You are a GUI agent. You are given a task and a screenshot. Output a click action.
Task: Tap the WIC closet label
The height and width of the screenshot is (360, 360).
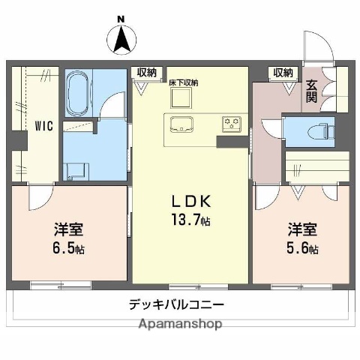pyautogui.click(x=41, y=127)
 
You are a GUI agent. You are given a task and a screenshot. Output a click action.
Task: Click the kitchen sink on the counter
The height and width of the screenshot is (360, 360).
pyautogui.click(x=181, y=124)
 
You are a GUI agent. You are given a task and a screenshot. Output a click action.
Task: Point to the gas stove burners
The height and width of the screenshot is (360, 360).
pyautogui.click(x=229, y=123)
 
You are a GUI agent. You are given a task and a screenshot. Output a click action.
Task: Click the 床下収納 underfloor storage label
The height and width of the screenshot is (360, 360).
pyautogui.click(x=183, y=82)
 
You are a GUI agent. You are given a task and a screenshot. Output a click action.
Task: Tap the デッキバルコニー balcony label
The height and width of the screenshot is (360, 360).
pyautogui.click(x=175, y=305)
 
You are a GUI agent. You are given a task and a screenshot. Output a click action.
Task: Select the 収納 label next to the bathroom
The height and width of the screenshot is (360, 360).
pyautogui.click(x=147, y=73)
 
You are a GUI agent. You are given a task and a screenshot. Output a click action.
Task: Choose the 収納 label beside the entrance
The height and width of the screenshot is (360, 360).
pyautogui.click(x=283, y=73)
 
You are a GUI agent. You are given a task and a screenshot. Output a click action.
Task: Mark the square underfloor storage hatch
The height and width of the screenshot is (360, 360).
pyautogui.click(x=181, y=97)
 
